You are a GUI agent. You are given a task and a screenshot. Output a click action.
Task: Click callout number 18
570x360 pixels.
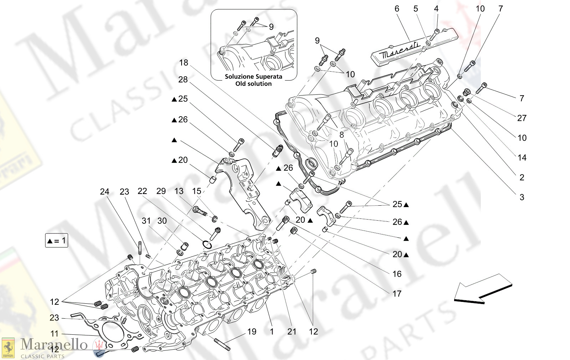[x=183, y=63]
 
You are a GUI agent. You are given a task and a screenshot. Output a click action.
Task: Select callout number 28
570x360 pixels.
[x=183, y=79]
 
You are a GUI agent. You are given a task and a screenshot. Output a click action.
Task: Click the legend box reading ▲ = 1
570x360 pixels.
[x=56, y=241]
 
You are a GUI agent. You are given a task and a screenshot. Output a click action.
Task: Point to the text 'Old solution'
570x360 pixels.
[x=253, y=84]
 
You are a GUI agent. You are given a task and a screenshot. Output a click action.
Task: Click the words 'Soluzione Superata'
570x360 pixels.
[x=253, y=77]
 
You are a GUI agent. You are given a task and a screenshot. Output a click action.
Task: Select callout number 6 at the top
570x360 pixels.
[x=397, y=9]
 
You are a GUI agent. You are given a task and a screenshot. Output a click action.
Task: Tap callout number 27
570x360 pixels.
[x=521, y=118]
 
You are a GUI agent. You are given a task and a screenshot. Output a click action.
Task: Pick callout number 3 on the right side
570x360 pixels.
[x=521, y=197]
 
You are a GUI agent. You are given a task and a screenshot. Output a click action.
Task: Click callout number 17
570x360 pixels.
[x=397, y=294]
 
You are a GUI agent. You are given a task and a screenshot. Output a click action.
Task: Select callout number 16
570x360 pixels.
[x=397, y=274]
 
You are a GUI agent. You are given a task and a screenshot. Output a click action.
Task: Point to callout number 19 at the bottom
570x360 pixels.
[x=251, y=331]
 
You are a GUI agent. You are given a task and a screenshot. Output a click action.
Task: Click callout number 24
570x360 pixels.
[x=104, y=192]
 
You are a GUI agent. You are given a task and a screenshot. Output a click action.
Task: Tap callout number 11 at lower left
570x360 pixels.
[x=54, y=334]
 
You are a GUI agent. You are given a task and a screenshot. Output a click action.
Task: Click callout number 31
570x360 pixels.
[x=146, y=221]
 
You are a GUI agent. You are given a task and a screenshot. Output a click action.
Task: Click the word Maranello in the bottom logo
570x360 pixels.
[x=54, y=344]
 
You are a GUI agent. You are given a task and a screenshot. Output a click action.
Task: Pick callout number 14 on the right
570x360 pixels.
[x=521, y=158]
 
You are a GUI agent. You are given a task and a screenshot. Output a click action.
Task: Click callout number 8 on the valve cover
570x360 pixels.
[x=341, y=134]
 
